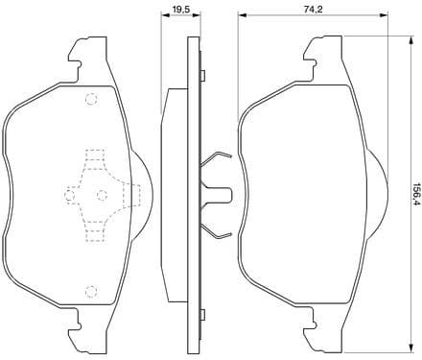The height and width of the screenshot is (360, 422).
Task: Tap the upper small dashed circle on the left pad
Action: (x=91, y=99)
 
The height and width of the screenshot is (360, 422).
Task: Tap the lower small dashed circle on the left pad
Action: (x=91, y=291)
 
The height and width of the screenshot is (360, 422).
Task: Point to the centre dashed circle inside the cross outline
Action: (x=102, y=195)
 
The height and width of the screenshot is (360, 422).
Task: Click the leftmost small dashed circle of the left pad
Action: (x=68, y=195)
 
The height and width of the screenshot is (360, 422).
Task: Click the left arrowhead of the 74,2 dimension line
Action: (x=241, y=16)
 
